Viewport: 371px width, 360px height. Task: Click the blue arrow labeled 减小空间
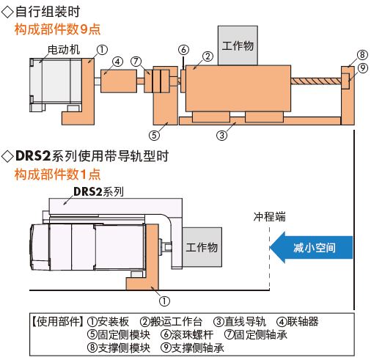coord(311,247)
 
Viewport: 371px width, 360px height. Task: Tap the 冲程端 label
coord(269,216)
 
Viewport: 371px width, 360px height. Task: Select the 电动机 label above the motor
coord(64,50)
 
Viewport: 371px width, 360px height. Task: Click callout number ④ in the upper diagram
coord(117,62)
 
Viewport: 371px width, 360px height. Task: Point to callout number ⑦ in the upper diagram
coord(136,61)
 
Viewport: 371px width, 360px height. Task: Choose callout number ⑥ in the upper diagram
coord(183,50)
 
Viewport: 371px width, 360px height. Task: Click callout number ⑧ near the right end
coord(362,55)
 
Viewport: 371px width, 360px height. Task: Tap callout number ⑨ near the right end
coord(363,68)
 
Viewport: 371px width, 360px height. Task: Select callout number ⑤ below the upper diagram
coord(154,135)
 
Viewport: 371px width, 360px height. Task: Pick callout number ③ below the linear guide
coord(221,135)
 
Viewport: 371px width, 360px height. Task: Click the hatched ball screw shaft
coord(316,81)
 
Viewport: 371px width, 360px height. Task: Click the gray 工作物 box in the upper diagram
coord(238,45)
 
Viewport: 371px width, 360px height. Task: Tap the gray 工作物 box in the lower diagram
coord(202,247)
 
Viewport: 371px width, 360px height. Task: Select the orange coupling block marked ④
coord(119,81)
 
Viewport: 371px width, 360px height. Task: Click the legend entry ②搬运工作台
coord(172,322)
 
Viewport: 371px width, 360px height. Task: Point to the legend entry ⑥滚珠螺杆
coord(187,334)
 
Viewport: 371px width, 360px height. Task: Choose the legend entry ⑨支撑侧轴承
coord(192,348)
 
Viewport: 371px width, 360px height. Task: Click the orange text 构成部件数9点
coord(57,29)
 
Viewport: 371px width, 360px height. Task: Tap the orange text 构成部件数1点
coord(57,175)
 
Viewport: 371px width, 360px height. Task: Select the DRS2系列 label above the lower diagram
coord(98,192)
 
